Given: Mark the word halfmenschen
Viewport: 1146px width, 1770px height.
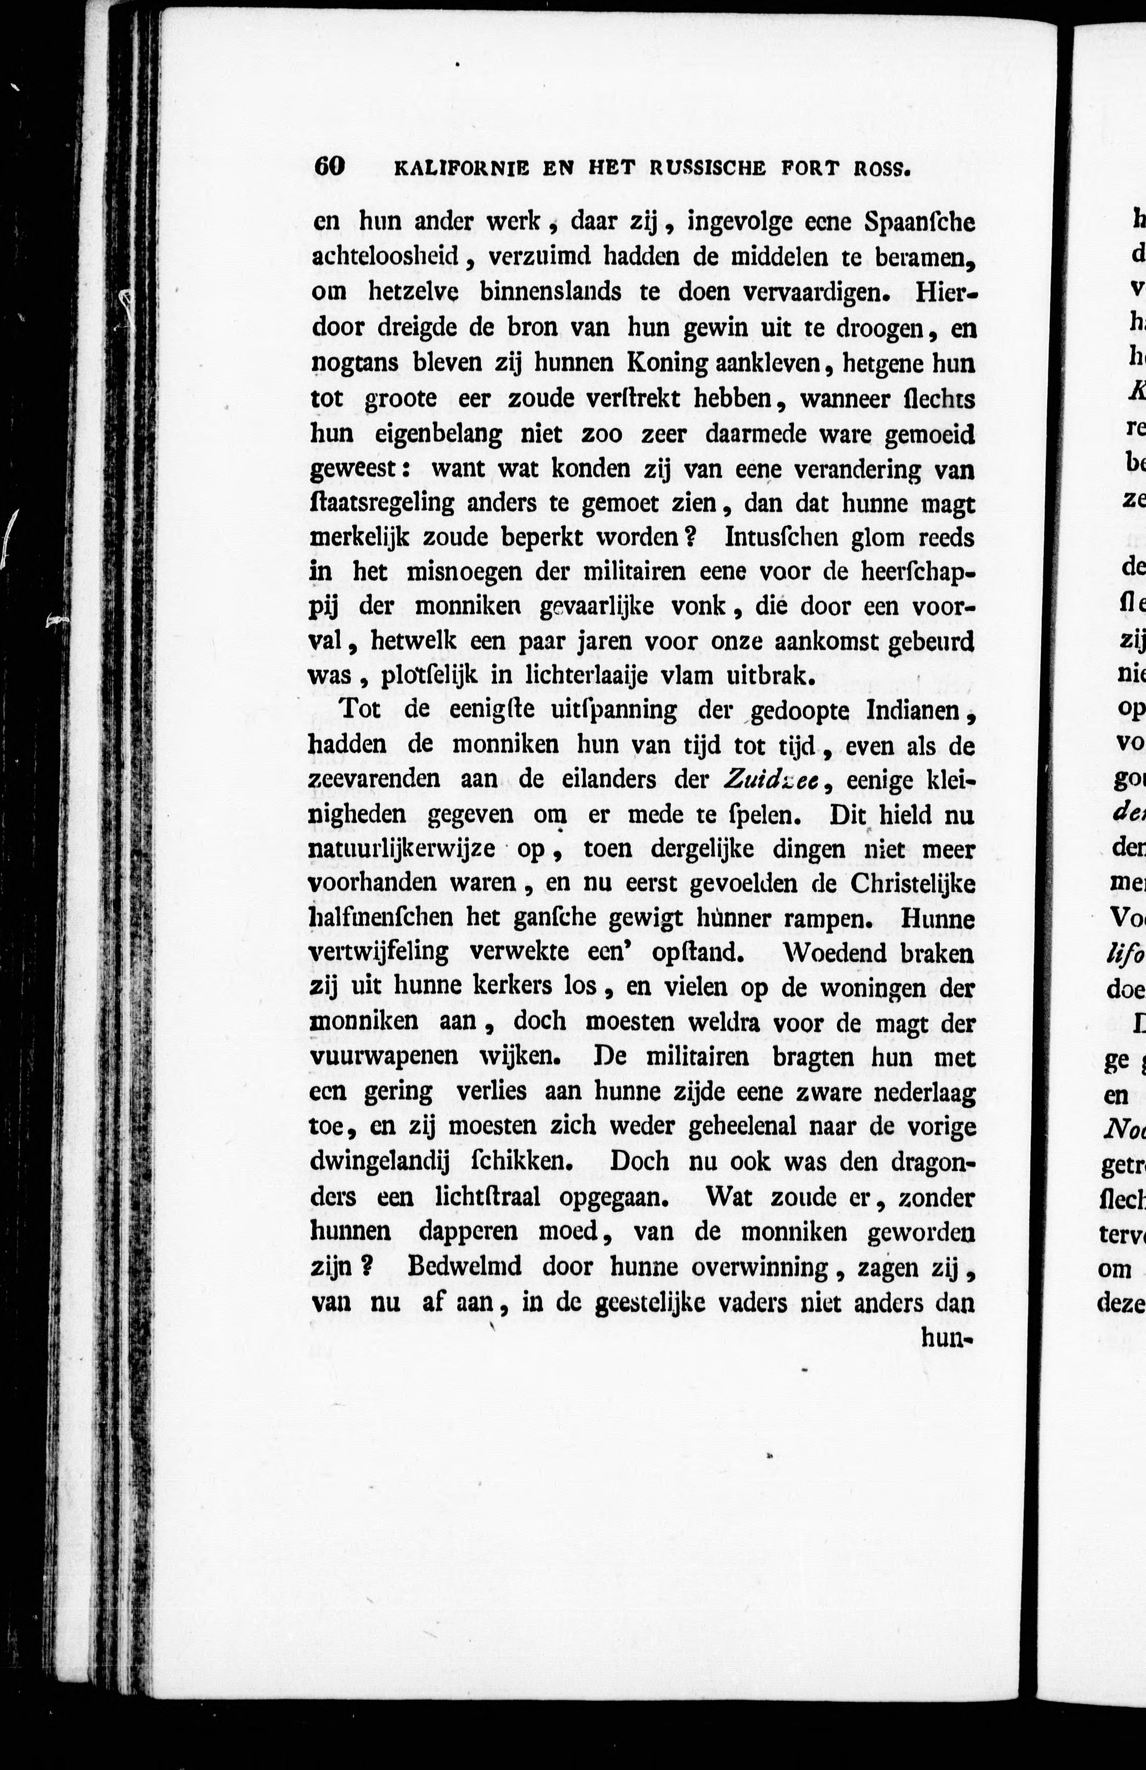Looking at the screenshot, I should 380,918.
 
